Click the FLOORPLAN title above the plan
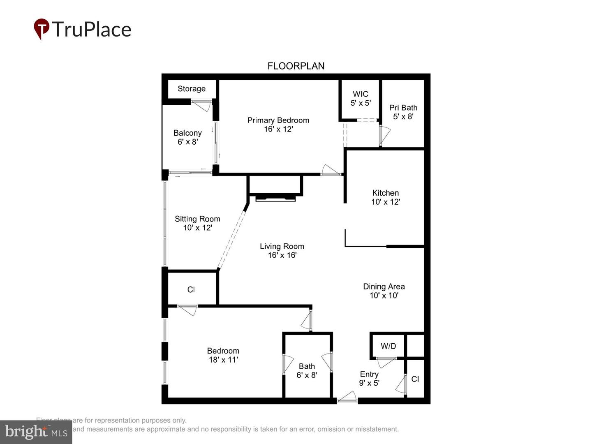[x=296, y=66]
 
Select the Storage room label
[x=191, y=89]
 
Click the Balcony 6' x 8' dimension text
[x=188, y=142]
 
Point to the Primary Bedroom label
[x=278, y=120]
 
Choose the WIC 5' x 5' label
[x=361, y=98]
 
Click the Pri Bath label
[x=403, y=108]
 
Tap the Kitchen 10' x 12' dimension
[x=386, y=202]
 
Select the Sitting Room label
[x=197, y=219]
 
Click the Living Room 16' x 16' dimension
[x=282, y=255]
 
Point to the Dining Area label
[x=384, y=287]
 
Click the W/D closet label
[x=388, y=346]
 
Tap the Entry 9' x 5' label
[x=369, y=379]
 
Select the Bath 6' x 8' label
[x=307, y=370]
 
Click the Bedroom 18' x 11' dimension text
[x=223, y=360]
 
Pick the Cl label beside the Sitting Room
[x=191, y=290]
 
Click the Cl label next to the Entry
[x=415, y=379]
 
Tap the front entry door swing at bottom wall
[x=347, y=397]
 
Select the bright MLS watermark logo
[x=36, y=432]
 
